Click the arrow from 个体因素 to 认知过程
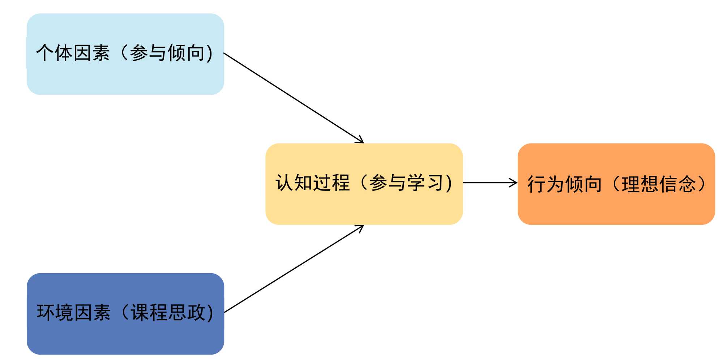293,98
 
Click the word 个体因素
73,53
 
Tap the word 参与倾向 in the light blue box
167,53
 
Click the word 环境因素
73,313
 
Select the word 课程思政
168,313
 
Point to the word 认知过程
312,183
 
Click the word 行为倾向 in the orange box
565,184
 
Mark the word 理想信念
659,184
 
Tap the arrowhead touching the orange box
514,183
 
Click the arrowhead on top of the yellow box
360,140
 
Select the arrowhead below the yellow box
360,228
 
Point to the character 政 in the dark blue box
196,313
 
